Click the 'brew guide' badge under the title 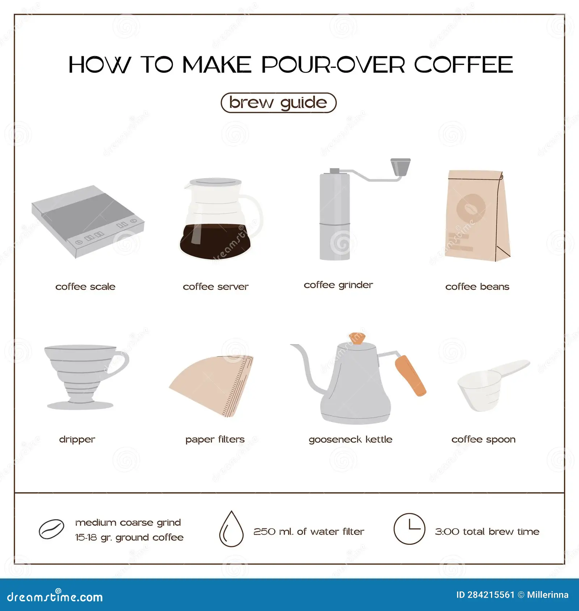[278, 103]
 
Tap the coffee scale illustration [88, 221]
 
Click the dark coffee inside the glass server [215, 241]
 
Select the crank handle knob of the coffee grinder [401, 167]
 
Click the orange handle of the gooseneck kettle [410, 375]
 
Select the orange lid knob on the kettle [357, 338]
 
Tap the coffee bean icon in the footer [51, 529]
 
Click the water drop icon [231, 529]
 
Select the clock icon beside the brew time [409, 529]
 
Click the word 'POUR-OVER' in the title [333, 65]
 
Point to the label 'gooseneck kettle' [350, 440]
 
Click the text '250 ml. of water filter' [309, 531]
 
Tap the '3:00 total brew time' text [487, 531]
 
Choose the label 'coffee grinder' [338, 285]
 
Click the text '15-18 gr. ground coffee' [129, 538]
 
